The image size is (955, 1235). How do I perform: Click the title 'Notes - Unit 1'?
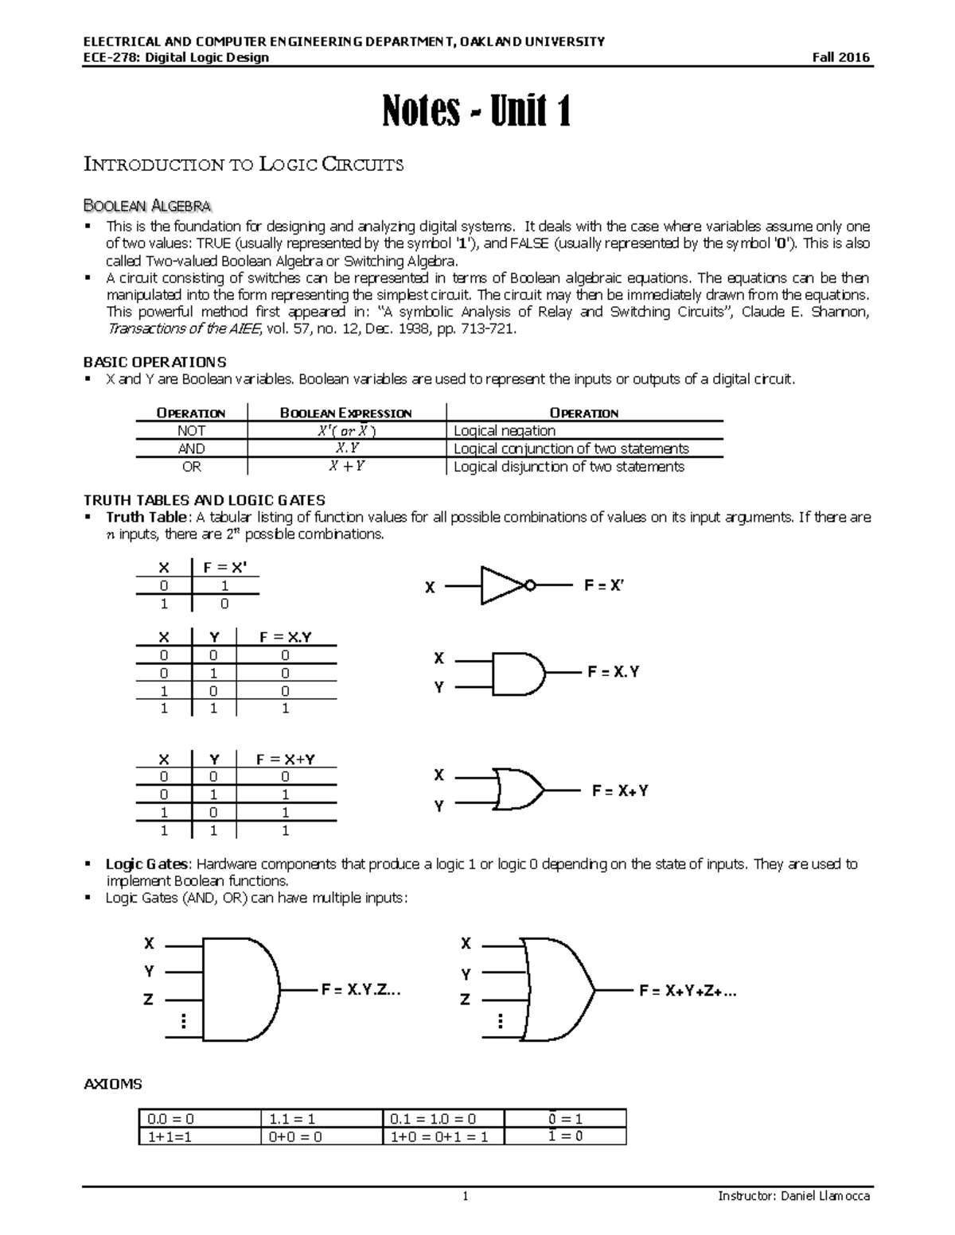pyautogui.click(x=477, y=111)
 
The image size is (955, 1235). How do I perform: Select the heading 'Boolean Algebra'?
pyautogui.click(x=147, y=206)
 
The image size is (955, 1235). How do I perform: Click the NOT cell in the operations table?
pyautogui.click(x=191, y=430)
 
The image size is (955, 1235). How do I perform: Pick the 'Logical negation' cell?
pyautogui.click(x=505, y=430)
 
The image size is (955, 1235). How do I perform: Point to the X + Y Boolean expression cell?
pyautogui.click(x=347, y=467)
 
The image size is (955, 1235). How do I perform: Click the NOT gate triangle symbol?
pyautogui.click(x=501, y=585)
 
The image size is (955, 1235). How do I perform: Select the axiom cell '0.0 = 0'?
pyautogui.click(x=199, y=1119)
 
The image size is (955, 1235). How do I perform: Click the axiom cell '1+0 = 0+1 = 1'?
pyautogui.click(x=444, y=1136)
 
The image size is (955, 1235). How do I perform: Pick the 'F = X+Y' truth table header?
pyautogui.click(x=286, y=759)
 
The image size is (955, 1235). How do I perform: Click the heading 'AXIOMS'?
pyautogui.click(x=113, y=1084)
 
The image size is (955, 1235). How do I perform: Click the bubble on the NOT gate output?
pyautogui.click(x=530, y=585)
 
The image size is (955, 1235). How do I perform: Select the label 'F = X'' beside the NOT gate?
pyautogui.click(x=604, y=585)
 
